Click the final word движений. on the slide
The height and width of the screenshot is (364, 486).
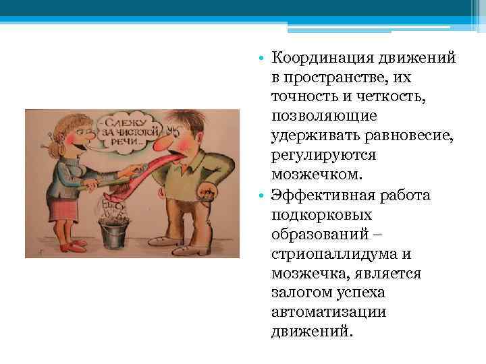[311, 332]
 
